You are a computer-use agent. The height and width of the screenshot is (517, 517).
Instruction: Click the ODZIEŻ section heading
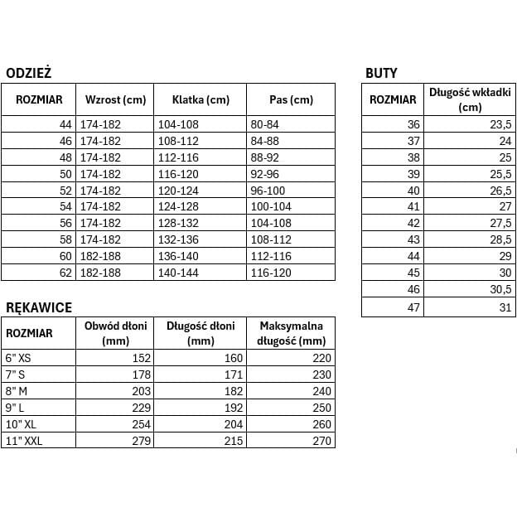coord(29,73)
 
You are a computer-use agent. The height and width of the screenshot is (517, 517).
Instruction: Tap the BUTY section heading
coord(381,73)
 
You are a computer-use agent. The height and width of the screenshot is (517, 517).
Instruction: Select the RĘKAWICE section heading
coord(39,307)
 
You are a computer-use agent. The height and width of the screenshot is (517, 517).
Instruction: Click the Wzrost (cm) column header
coord(115,100)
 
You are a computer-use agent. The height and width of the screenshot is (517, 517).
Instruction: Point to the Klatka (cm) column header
coord(201,100)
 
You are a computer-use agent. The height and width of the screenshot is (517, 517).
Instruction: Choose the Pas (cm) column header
coord(292,100)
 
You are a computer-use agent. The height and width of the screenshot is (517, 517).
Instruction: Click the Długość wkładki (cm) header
coord(470,99)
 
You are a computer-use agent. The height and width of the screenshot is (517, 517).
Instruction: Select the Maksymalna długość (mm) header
coord(291,333)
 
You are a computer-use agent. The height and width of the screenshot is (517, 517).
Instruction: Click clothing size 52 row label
coord(66,191)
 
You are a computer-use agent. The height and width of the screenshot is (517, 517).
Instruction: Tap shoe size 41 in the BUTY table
coord(414,207)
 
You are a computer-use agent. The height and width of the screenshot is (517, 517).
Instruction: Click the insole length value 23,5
coord(501,124)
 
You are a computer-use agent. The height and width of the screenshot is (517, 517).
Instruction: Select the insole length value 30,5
coord(501,290)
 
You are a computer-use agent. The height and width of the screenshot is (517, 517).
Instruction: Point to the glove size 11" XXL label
coord(24,441)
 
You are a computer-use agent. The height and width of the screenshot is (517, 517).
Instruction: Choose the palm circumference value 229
coord(142,408)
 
